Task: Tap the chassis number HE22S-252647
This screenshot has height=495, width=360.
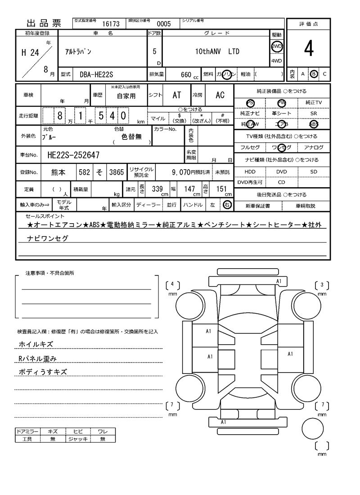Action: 73,155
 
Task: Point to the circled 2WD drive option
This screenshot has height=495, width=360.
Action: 276,47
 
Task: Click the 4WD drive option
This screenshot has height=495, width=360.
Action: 276,61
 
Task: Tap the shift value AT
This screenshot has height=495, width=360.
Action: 177,95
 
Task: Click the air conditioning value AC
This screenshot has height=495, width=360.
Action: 220,95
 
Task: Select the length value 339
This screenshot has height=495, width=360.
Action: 157,189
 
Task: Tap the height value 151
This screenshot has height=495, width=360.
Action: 221,189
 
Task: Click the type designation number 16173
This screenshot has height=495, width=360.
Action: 111,24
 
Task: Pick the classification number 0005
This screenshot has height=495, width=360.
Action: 163,24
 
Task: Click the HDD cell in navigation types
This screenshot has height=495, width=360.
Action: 250,172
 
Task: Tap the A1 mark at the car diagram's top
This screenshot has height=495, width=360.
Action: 279,281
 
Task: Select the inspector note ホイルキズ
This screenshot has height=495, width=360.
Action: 36,344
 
